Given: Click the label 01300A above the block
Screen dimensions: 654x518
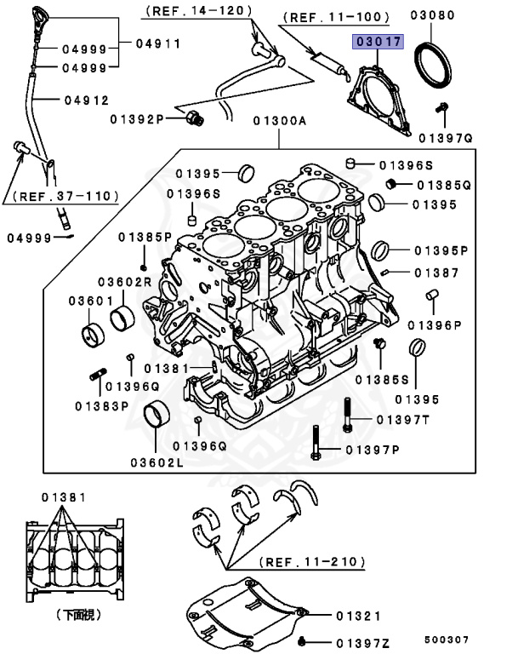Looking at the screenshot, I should click(278, 121).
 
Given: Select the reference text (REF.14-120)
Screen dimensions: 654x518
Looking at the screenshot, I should click(198, 11).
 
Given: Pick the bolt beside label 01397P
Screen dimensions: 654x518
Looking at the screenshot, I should click(316, 442).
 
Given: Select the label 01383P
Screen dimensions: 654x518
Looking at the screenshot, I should click(101, 405).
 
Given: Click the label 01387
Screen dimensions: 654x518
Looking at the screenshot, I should click(436, 272).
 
